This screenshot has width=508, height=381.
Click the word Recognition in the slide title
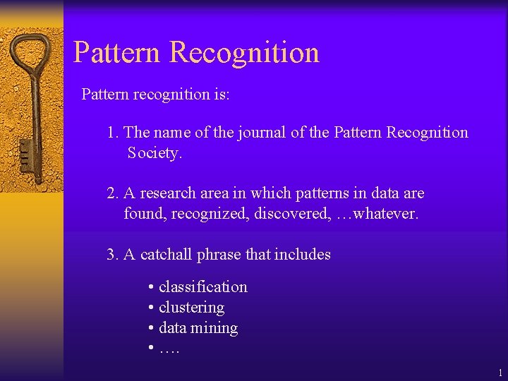click(x=245, y=53)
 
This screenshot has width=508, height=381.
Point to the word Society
click(x=155, y=153)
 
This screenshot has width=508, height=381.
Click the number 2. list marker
click(x=113, y=193)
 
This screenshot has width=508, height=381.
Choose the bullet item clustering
click(x=191, y=308)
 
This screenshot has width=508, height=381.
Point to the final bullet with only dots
click(x=169, y=349)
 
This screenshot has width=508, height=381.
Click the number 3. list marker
click(x=113, y=255)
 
